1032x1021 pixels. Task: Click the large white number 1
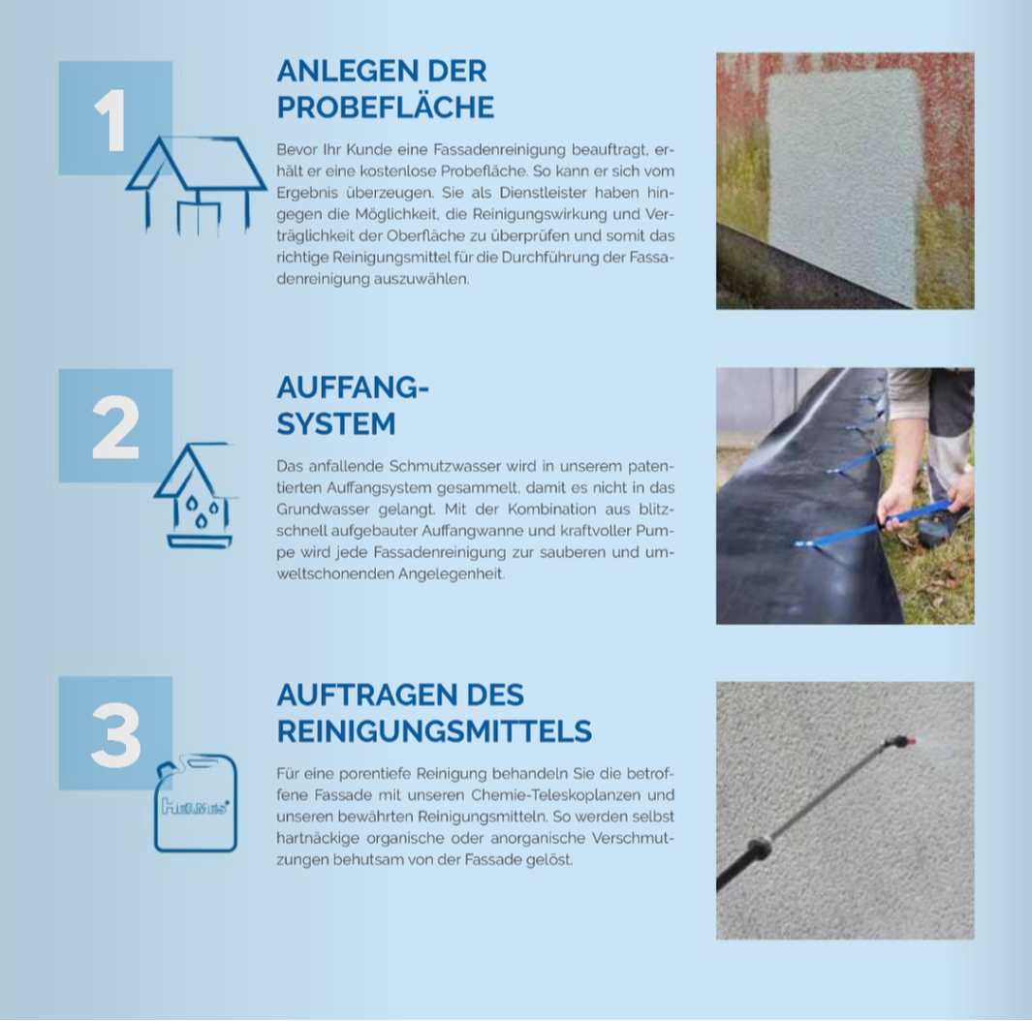[109, 120]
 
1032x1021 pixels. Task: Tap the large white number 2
[116, 427]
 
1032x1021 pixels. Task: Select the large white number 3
[116, 735]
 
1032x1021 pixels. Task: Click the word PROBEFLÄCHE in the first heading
[385, 108]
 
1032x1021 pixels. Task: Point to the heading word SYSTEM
[335, 423]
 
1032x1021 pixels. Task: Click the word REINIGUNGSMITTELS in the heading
[434, 731]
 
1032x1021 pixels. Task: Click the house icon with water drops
[194, 495]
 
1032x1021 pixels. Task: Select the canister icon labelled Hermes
[196, 803]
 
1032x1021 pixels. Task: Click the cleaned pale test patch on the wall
[844, 184]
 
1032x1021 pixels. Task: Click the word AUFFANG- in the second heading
[353, 387]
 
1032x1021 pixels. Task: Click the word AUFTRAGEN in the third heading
[367, 695]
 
